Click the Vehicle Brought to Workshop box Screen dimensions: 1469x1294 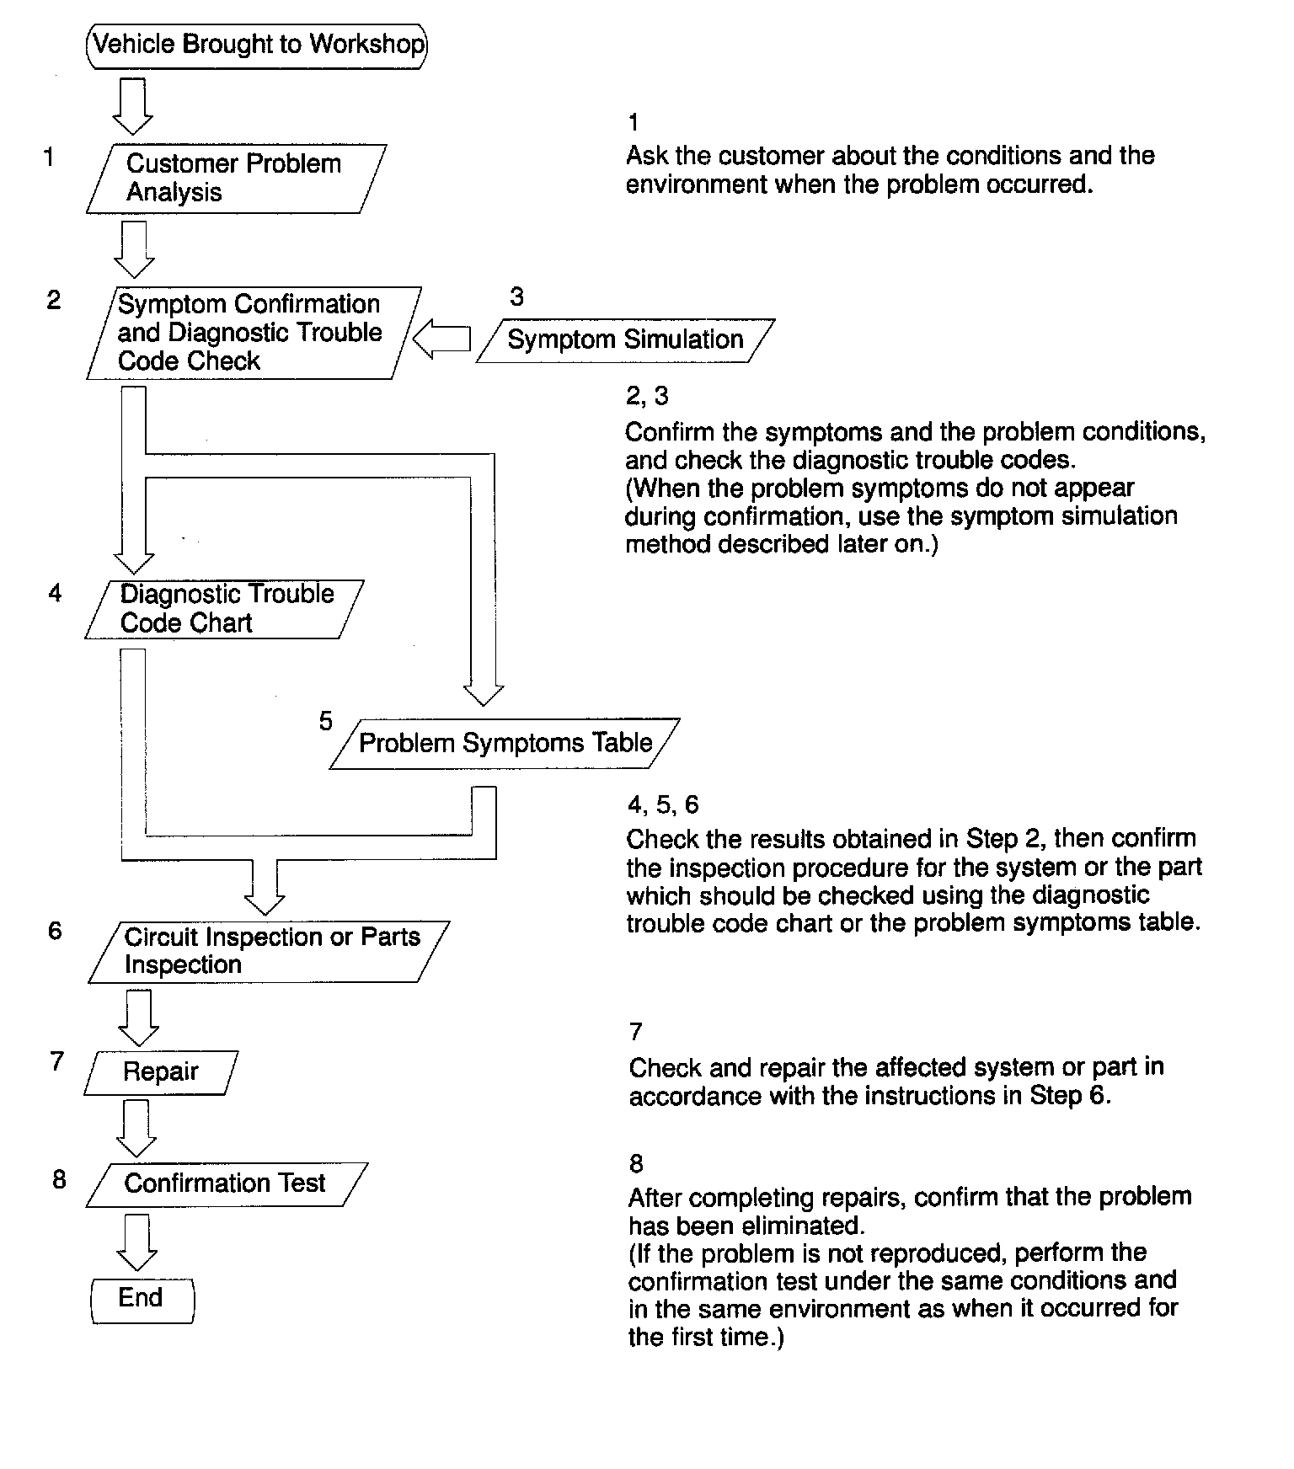point(257,45)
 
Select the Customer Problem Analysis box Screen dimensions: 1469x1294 point(236,178)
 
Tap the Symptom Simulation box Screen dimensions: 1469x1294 point(624,340)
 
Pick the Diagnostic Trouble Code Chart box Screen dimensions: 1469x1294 point(225,609)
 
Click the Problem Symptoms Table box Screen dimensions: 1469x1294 point(504,743)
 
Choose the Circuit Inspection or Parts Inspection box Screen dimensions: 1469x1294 point(270,951)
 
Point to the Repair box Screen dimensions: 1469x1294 point(161,1072)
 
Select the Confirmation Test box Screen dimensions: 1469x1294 point(226,1183)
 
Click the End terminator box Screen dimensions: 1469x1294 point(142,1298)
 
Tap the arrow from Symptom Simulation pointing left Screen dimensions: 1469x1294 point(441,339)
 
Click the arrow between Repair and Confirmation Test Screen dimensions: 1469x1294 point(136,1129)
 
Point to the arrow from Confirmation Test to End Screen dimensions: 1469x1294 point(136,1242)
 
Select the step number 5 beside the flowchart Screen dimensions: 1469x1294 point(326,721)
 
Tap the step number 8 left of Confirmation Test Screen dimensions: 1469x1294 point(59,1179)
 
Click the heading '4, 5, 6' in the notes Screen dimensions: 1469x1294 point(663,805)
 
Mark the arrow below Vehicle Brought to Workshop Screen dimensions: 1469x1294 point(133,106)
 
